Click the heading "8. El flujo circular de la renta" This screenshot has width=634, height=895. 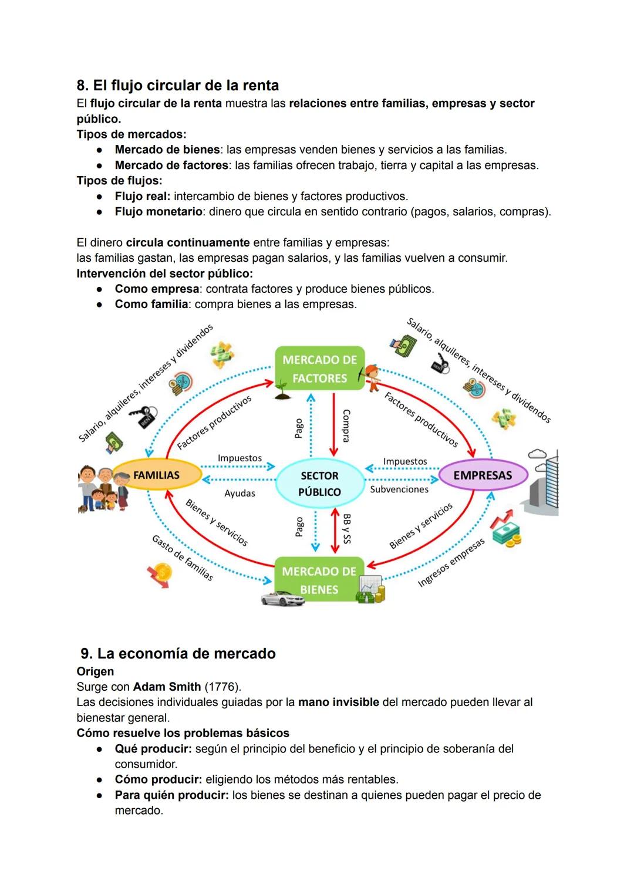178,86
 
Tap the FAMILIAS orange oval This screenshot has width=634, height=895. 156,475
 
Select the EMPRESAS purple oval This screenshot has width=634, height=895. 483,475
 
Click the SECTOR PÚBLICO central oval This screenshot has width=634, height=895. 319,484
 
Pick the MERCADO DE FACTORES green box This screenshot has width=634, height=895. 319,369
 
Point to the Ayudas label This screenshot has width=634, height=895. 240,494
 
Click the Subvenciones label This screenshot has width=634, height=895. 399,489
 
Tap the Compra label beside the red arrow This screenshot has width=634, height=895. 346,425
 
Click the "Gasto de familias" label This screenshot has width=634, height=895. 182,558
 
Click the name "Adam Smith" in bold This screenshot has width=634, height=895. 167,687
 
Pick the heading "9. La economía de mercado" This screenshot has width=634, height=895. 178,654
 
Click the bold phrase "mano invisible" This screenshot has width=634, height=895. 338,703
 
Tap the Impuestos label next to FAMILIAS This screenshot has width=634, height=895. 240,458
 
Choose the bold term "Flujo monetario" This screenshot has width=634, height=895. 158,212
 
